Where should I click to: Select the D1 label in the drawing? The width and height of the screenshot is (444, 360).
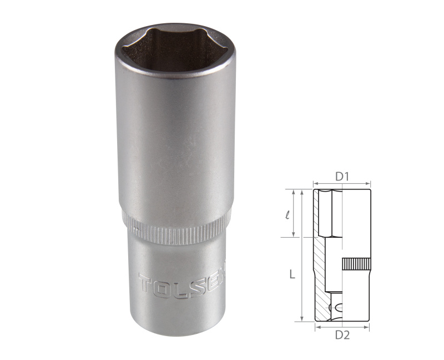[341, 177]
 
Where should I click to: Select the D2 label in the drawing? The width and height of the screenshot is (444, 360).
[342, 336]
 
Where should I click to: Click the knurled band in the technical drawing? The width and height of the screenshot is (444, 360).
[356, 264]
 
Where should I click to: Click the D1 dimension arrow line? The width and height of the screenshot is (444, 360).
[341, 183]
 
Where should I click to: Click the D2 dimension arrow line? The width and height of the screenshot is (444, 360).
[342, 328]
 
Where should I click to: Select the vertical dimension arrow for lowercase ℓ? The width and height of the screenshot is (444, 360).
[294, 213]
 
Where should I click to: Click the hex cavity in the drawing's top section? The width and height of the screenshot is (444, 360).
[332, 214]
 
